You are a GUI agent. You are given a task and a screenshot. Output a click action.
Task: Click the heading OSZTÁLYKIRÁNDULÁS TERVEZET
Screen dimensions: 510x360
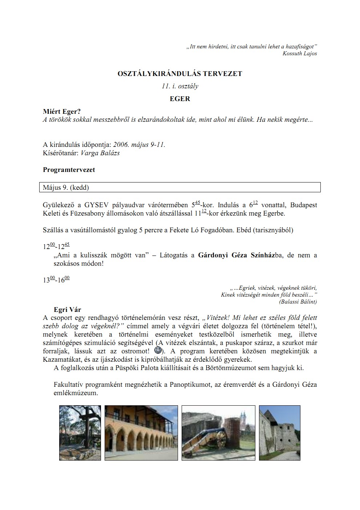click(180, 73)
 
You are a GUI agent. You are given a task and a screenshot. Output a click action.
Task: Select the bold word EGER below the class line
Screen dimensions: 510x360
click(180, 99)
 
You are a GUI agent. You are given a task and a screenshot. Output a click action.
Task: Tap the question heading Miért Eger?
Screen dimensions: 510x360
click(62, 112)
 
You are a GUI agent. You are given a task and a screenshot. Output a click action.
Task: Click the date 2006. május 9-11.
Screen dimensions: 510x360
click(139, 144)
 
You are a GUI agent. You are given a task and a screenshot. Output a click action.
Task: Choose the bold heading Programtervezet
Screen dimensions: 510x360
click(69, 170)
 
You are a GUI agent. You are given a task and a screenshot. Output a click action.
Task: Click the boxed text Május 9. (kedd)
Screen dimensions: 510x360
click(66, 188)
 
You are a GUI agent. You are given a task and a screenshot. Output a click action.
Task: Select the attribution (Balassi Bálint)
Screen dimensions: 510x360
click(298, 302)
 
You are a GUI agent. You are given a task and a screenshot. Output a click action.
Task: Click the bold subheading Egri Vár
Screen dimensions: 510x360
click(67, 310)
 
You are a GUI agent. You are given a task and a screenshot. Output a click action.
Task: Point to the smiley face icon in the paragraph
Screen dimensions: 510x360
click(158, 350)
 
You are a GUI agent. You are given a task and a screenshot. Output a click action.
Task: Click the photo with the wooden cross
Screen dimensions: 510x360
click(80, 433)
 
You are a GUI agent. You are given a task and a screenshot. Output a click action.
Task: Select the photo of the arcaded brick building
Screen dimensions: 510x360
click(141, 433)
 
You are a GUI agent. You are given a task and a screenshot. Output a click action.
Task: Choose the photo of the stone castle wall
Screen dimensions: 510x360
click(279, 433)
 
